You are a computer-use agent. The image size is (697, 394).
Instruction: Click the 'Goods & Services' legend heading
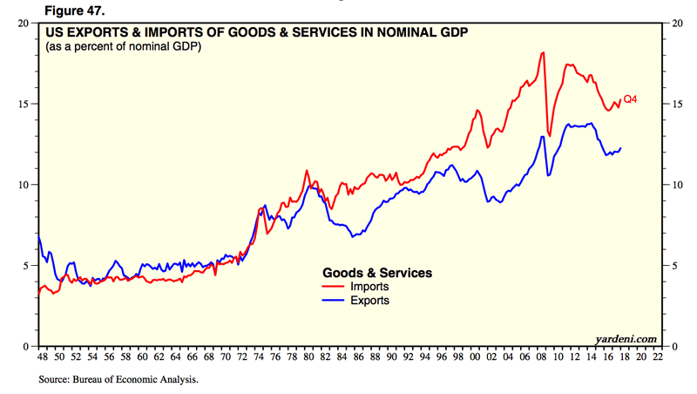(x=377, y=272)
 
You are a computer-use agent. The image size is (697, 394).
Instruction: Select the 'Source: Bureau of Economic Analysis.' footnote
(x=118, y=380)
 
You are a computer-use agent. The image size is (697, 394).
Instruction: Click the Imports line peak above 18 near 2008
(x=543, y=52)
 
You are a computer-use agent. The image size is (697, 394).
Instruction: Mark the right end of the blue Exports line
(x=621, y=148)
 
